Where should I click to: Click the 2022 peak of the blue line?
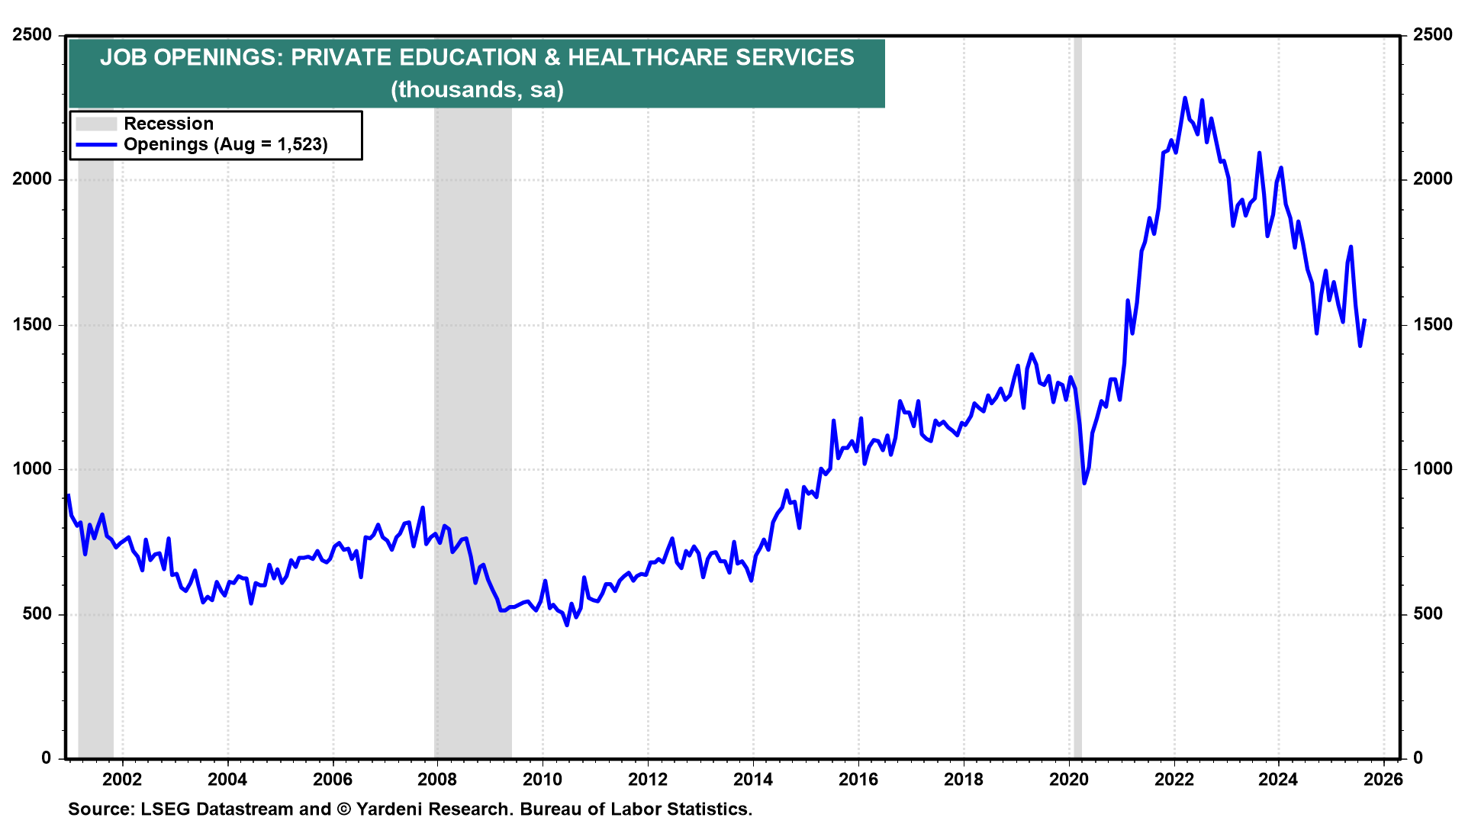[x=1184, y=98]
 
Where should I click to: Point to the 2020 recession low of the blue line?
[x=1084, y=483]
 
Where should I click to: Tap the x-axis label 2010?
[x=543, y=780]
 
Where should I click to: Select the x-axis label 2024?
[x=1278, y=780]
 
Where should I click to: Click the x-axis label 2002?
[x=122, y=780]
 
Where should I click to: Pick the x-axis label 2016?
[x=858, y=780]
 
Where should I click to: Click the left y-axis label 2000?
[x=32, y=179]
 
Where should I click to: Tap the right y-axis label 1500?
[x=1432, y=324]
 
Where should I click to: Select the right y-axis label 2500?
[x=1432, y=35]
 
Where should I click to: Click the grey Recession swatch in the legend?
[x=96, y=124]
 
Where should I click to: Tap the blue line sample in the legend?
[x=96, y=145]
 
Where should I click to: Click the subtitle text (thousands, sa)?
[x=477, y=90]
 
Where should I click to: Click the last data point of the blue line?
[x=1364, y=320]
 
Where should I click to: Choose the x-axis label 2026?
[x=1383, y=780]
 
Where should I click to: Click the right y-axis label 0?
[x=1418, y=758]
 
